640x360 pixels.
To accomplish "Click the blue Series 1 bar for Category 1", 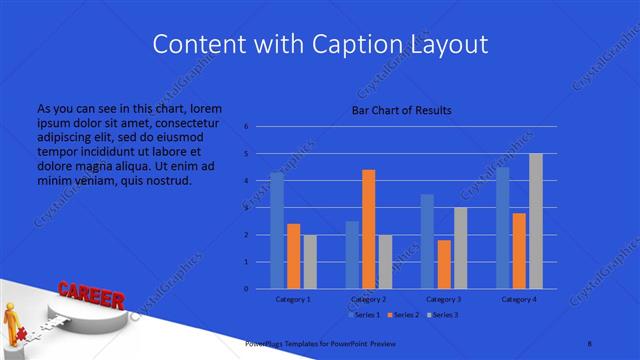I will [x=277, y=231].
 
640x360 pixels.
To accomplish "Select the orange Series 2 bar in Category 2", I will [x=368, y=229].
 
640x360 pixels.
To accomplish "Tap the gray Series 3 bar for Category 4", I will [x=535, y=221].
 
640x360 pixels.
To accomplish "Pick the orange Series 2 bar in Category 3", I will [x=443, y=264].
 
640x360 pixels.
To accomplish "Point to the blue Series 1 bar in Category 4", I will [x=502, y=228].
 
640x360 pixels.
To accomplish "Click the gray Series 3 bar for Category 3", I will [x=460, y=248].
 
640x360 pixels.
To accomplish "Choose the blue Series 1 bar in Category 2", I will [x=352, y=255].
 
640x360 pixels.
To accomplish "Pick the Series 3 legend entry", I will [x=443, y=314].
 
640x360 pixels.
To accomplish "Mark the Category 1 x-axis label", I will [x=293, y=299].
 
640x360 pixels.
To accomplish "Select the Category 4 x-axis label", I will [x=518, y=299].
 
